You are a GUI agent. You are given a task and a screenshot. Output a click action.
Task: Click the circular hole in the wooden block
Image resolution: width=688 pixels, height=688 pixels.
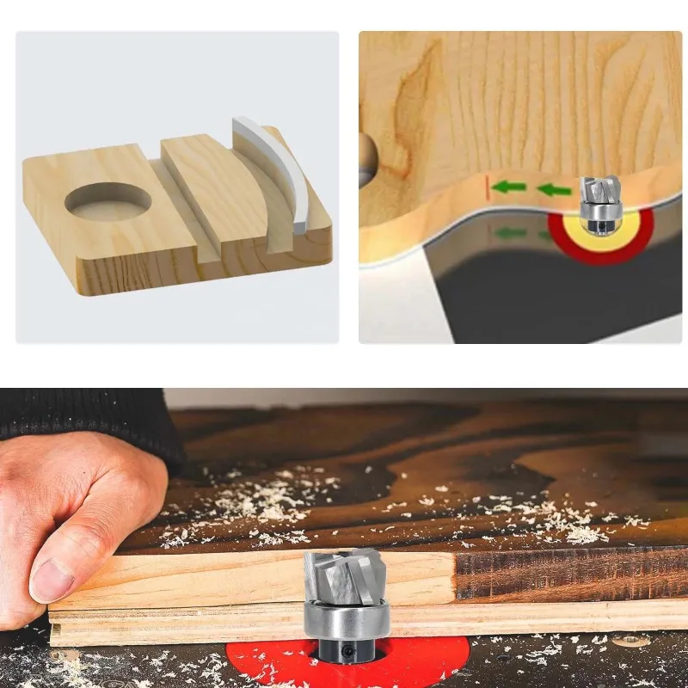[108, 200]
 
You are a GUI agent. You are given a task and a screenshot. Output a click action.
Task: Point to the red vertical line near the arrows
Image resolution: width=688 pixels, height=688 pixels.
[488, 187]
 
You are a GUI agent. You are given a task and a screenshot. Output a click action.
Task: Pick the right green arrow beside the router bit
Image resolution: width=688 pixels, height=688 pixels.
[554, 189]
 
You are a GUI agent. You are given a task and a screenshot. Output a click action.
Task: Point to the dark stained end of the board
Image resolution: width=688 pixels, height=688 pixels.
[568, 572]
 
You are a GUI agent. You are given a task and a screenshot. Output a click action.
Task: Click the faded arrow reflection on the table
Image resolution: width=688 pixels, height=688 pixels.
[513, 233]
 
